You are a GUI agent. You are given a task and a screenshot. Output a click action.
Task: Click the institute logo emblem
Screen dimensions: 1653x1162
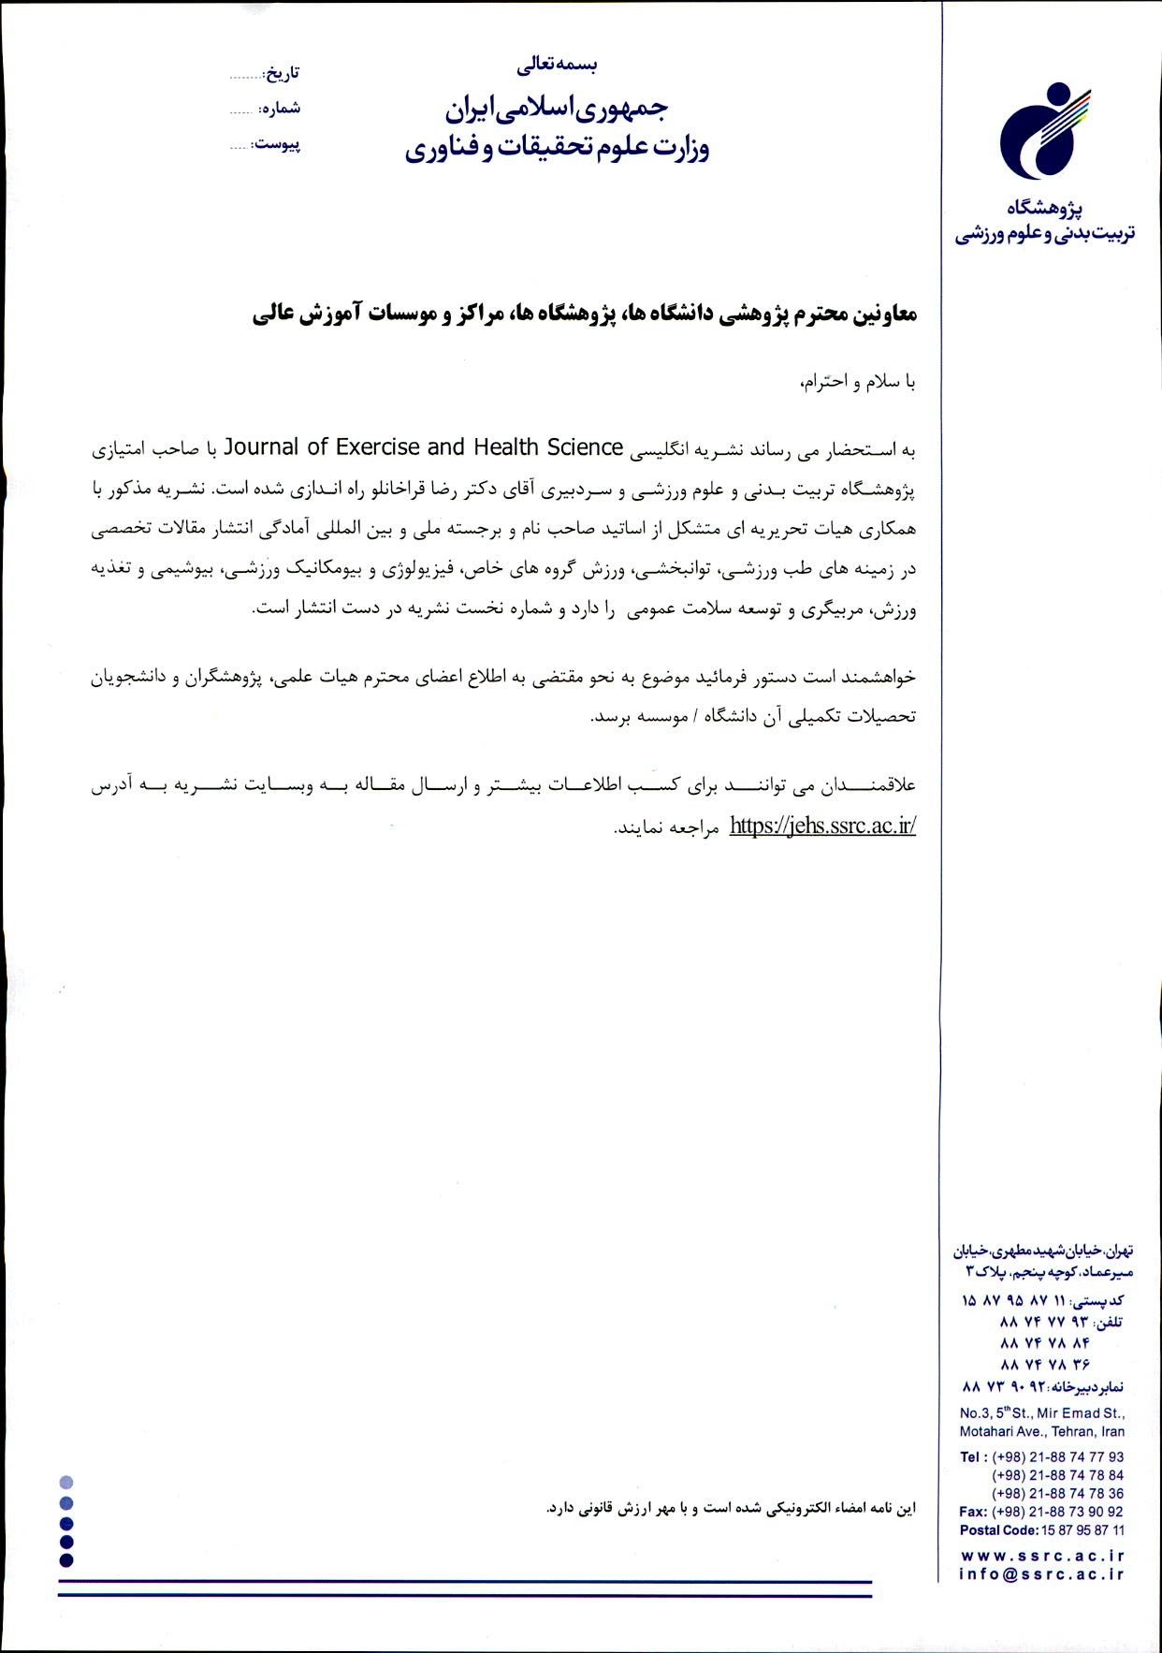point(1044,130)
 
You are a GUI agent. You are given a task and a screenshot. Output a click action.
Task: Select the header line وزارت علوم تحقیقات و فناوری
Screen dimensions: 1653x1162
point(557,148)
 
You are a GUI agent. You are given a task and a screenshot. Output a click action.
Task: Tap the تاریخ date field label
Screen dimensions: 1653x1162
point(282,73)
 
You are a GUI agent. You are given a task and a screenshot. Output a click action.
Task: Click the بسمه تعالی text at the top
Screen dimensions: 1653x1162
point(557,65)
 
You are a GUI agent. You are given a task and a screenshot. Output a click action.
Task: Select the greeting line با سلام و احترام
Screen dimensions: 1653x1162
point(857,382)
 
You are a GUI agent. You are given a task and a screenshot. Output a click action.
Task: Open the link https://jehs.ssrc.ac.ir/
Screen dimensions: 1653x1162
point(821,826)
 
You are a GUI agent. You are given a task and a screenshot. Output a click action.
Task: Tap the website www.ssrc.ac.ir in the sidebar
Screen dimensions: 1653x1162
point(1041,1555)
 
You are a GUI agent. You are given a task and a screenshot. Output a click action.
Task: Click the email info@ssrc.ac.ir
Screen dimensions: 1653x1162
point(1041,1573)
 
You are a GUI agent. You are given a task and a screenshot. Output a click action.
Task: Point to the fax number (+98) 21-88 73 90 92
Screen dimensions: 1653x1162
point(1057,1512)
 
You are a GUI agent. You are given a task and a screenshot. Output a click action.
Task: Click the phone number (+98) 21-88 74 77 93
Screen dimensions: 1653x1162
point(1057,1457)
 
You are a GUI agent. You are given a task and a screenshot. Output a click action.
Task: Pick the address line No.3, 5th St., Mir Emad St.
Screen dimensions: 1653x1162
point(1041,1413)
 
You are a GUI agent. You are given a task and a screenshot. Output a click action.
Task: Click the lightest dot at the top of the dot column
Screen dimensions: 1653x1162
point(65,1483)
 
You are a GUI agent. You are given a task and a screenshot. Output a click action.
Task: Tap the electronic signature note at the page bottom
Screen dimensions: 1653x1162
point(731,1509)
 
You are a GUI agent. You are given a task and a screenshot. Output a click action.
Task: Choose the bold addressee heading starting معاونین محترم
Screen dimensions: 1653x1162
point(584,315)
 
